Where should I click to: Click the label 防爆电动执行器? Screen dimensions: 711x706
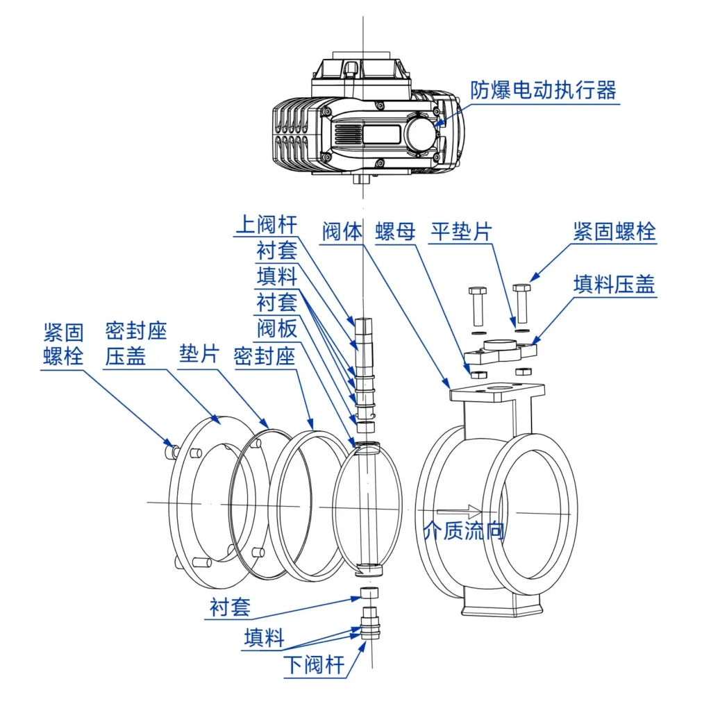(543, 91)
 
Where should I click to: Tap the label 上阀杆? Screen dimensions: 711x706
(267, 225)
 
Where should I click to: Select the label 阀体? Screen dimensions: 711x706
(342, 231)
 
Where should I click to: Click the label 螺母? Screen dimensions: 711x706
(395, 231)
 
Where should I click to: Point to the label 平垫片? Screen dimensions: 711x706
(461, 231)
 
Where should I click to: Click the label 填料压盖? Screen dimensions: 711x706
(614, 285)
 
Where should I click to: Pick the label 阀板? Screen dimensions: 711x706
(277, 328)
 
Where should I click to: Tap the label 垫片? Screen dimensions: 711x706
(199, 353)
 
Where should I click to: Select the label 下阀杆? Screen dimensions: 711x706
(315, 665)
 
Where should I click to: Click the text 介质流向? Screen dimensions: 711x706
(463, 530)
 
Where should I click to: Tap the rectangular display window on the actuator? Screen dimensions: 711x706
(381, 134)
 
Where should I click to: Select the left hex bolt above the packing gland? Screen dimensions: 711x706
(478, 306)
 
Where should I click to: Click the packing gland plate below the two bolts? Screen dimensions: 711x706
(501, 352)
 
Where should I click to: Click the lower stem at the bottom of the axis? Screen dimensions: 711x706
(370, 623)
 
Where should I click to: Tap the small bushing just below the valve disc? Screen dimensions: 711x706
(369, 593)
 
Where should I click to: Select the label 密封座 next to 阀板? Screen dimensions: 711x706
(265, 356)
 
